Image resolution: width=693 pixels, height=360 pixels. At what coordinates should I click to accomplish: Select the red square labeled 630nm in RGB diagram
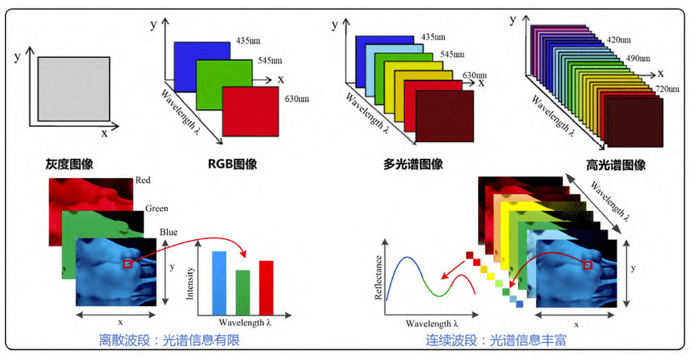251,111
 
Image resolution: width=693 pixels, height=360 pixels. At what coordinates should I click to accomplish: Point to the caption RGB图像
233,164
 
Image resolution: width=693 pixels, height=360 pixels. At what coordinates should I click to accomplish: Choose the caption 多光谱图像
416,164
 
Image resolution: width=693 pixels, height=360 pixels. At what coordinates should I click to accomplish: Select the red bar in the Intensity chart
266,287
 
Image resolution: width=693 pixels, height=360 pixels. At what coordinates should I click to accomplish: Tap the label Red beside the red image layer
143,181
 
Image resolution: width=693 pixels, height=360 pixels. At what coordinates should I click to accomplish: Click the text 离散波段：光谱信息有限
169,340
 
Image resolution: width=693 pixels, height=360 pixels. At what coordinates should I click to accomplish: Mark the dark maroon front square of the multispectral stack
445,116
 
